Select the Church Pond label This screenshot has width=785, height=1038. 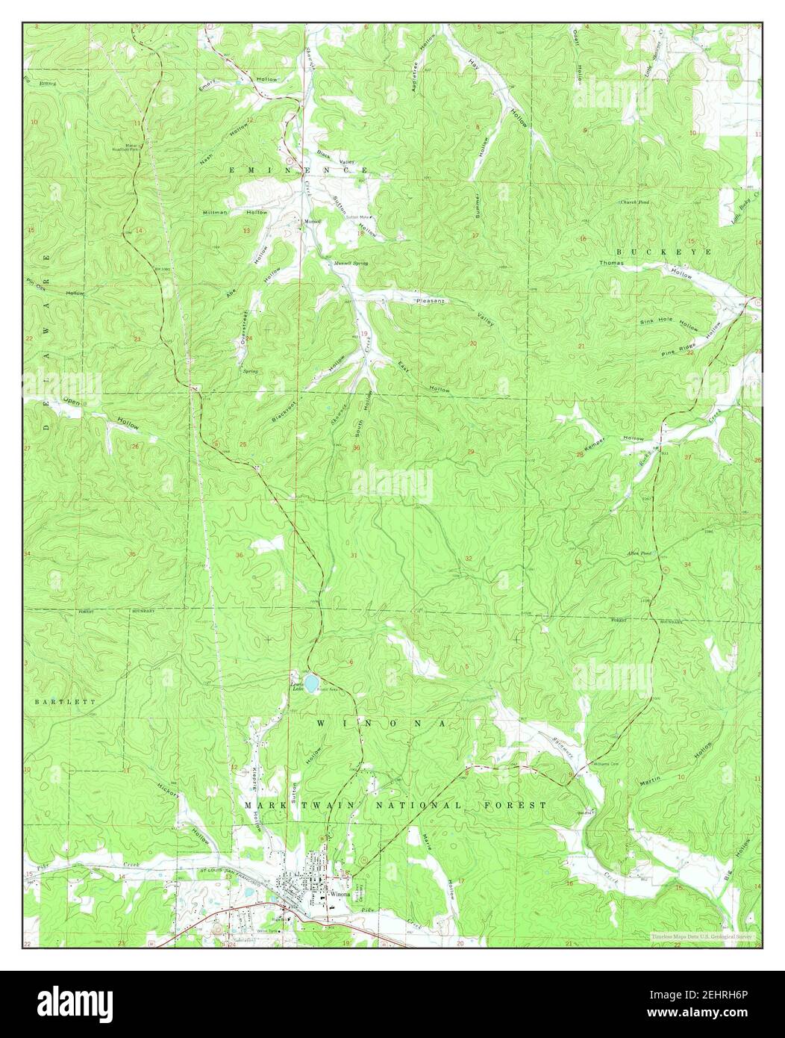633,202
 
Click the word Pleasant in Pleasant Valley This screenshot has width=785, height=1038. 430,299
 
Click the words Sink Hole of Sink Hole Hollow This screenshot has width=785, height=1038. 654,322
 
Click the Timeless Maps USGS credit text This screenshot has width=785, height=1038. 701,936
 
